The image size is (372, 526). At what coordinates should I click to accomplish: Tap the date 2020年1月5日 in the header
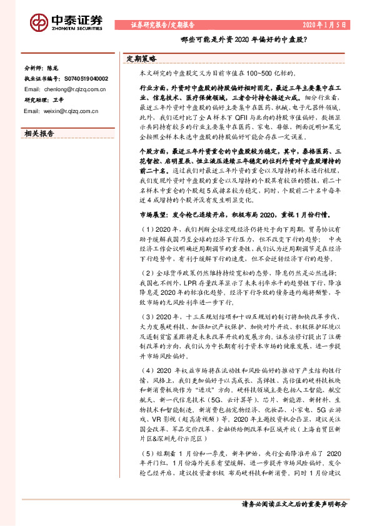pyautogui.click(x=325, y=25)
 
